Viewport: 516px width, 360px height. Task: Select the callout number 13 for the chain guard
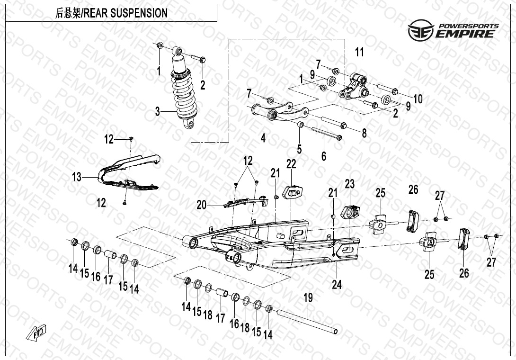(77, 177)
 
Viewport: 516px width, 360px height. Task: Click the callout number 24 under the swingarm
(337, 284)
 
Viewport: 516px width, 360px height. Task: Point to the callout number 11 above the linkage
(359, 52)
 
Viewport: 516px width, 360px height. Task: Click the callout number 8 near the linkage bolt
(364, 134)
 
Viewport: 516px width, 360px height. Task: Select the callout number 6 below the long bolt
(324, 155)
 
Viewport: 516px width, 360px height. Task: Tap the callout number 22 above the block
(291, 163)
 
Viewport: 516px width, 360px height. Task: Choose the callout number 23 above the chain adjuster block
(349, 183)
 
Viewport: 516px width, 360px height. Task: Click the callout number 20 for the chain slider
(202, 204)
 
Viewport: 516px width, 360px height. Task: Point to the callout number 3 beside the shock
(158, 112)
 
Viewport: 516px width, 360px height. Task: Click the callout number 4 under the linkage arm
(263, 138)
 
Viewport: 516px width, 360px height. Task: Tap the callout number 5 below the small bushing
(299, 149)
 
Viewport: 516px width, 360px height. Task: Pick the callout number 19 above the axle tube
(308, 298)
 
